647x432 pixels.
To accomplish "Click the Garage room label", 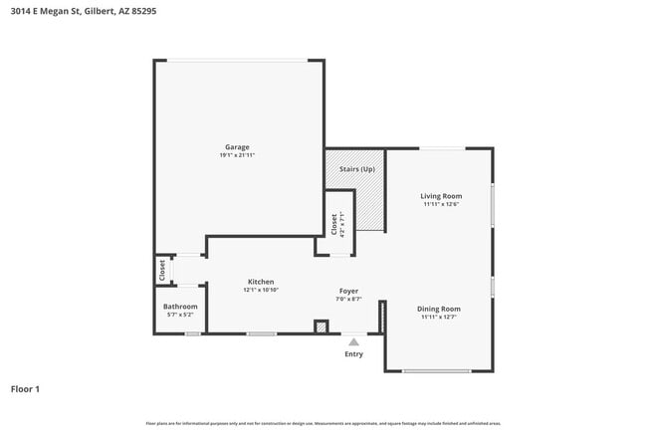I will pos(236,147).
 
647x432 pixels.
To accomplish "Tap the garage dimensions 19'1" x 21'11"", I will pos(237,155).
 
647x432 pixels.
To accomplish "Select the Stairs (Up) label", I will pos(356,169).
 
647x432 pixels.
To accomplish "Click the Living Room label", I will pos(440,196).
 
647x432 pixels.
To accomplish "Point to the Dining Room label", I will pos(439,309).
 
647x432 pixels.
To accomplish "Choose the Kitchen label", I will pos(261,282).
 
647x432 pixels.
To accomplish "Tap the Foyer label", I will pos(347,291).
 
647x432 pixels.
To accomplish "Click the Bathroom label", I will pos(181,307).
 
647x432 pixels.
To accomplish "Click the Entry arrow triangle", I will pos(353,341).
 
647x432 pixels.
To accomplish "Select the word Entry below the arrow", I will pos(353,354).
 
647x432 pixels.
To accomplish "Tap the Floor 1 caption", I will pos(25,389).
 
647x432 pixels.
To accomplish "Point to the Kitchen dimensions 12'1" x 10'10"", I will pos(261,290).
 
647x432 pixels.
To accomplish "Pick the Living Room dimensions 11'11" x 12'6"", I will pos(440,204).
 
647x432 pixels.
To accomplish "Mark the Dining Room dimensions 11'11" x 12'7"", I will pos(439,317).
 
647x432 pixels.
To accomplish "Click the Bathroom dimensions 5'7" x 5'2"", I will pos(181,315).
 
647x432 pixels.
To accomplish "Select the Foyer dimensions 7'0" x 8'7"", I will pos(347,299).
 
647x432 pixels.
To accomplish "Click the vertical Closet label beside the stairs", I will pos(333,225).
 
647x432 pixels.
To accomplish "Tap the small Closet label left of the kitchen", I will pos(160,269).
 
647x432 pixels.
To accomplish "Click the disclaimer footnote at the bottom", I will pos(323,422).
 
